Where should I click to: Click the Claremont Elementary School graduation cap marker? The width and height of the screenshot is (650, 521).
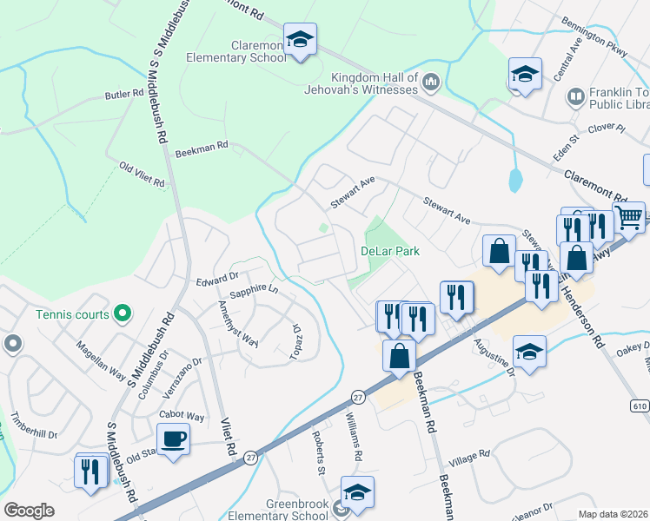tap(300, 40)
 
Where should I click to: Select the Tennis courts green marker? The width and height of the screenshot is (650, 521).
tap(123, 313)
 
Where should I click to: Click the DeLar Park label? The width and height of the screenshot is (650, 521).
tap(390, 251)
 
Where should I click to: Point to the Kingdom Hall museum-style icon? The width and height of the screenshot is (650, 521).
tap(432, 82)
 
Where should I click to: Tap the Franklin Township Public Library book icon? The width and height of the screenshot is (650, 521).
tap(574, 96)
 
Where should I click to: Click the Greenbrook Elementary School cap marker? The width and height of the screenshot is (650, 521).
tap(356, 492)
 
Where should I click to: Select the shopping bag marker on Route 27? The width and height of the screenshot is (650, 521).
tap(399, 356)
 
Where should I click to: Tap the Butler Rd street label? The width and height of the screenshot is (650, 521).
tap(123, 94)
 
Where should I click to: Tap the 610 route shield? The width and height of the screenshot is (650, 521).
tap(640, 406)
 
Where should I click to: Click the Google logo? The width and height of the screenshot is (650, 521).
tap(29, 510)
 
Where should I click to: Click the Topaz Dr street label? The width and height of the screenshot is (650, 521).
tap(295, 342)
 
